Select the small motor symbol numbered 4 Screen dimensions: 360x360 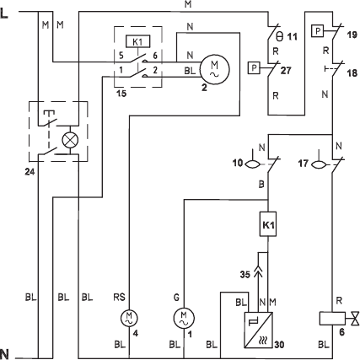tap(129, 318)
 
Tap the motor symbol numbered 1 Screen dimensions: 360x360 tap(184, 318)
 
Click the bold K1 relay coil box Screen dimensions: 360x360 tap(268, 224)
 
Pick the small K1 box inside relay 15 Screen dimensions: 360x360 tap(137, 41)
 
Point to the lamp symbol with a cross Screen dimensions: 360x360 tap(70, 140)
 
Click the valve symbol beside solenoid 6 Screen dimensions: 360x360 tap(354, 319)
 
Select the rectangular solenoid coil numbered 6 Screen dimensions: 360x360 tap(332, 319)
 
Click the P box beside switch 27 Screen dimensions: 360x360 tap(254, 68)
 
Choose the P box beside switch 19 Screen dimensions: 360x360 tap(318, 31)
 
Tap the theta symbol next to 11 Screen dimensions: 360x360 tap(279, 35)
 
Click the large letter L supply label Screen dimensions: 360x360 tap(4, 13)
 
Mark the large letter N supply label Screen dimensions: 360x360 tap(4, 354)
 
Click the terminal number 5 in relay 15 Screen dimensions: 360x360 tap(121, 56)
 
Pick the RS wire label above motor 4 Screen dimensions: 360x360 tap(119, 297)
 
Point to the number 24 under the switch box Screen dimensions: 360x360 tap(30, 171)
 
